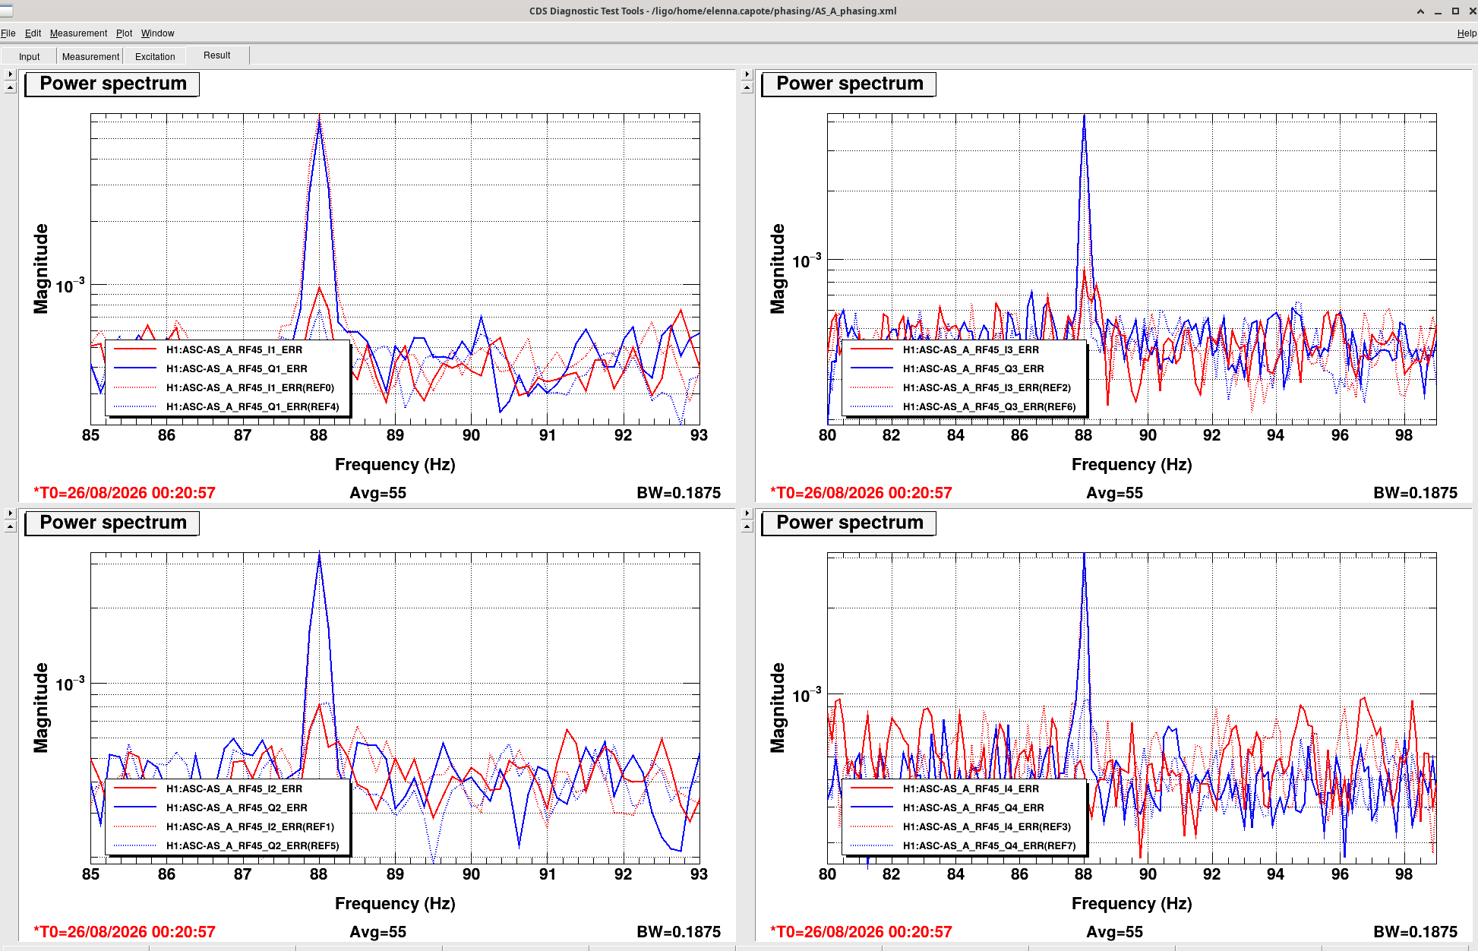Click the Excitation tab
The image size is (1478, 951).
coord(155,56)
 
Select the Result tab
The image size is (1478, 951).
coord(216,55)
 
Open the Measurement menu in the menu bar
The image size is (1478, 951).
coord(78,33)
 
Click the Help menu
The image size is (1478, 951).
coord(1467,33)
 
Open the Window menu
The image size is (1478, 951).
coord(157,33)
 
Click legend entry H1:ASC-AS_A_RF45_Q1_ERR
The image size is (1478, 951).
coord(237,369)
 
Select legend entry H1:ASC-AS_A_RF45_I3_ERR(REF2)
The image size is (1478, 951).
coord(987,388)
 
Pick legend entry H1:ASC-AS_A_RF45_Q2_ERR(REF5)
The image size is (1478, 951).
coord(253,846)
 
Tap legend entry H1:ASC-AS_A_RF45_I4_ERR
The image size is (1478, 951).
coord(971,789)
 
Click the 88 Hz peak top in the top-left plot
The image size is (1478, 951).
coord(319,116)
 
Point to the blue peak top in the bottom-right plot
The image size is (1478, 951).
coord(1084,554)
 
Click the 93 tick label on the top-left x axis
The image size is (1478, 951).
coord(699,435)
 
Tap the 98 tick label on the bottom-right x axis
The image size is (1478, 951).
coord(1404,874)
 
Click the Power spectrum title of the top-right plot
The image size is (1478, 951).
coord(849,84)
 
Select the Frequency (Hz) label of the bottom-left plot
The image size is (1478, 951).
coord(395,904)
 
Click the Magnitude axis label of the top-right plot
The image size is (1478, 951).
coord(778,268)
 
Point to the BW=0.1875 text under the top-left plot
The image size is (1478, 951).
coord(678,493)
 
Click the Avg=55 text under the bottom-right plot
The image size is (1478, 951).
coord(1114,932)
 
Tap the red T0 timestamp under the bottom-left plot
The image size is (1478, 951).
coord(125,932)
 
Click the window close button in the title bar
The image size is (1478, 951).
coord(1470,11)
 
